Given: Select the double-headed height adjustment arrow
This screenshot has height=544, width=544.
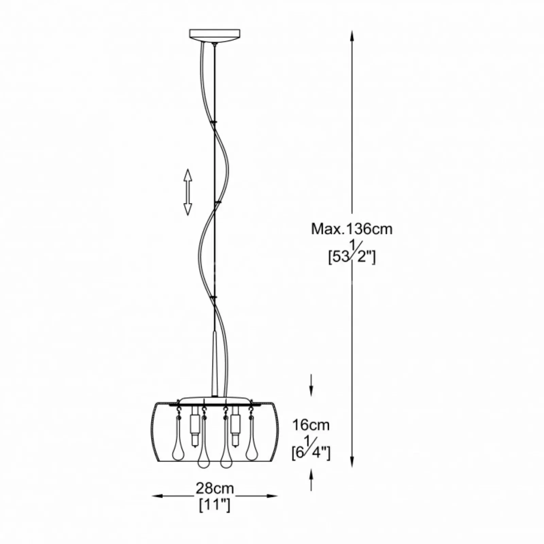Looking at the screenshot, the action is (x=188, y=192).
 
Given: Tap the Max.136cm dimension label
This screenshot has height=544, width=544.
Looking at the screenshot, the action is (x=352, y=229).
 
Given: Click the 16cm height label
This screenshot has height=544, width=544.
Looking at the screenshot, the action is (x=311, y=425).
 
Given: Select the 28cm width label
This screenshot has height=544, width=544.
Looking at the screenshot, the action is (x=215, y=488).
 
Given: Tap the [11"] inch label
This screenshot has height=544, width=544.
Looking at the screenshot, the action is (x=215, y=506).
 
